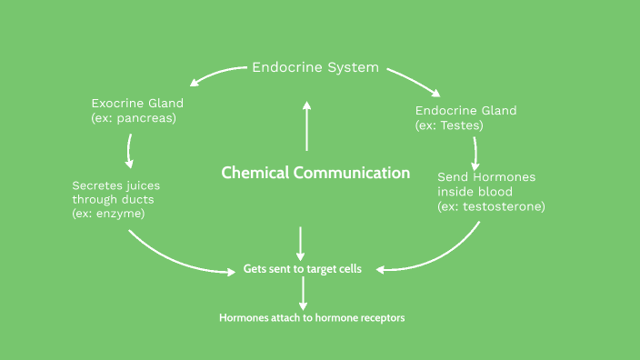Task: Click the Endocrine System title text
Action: coord(315,67)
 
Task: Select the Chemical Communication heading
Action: coord(315,173)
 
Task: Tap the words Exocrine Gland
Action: coord(137,103)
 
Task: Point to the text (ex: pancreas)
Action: coord(133,118)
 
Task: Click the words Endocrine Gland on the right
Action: coord(465,111)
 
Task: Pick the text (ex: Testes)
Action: coord(449,125)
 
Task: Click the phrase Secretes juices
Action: coord(115,185)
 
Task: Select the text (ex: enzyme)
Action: coord(108,214)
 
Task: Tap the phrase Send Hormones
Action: coord(486,176)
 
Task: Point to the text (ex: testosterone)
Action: coord(491,206)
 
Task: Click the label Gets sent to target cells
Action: coord(303,269)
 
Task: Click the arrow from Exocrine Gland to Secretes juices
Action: coord(130,151)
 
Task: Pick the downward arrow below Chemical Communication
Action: coord(301,242)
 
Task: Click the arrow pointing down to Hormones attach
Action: coord(304,293)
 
